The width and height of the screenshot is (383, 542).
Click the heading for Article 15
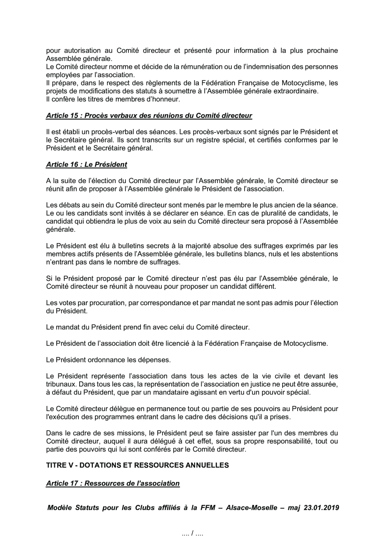point(149,115)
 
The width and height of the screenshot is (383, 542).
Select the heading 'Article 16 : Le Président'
point(86,164)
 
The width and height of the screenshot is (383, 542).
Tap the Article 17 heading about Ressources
point(113,483)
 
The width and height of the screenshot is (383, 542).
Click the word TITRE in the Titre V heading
point(57,465)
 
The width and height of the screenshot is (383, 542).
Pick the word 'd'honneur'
point(165,99)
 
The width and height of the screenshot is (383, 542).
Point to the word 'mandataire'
point(168,392)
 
